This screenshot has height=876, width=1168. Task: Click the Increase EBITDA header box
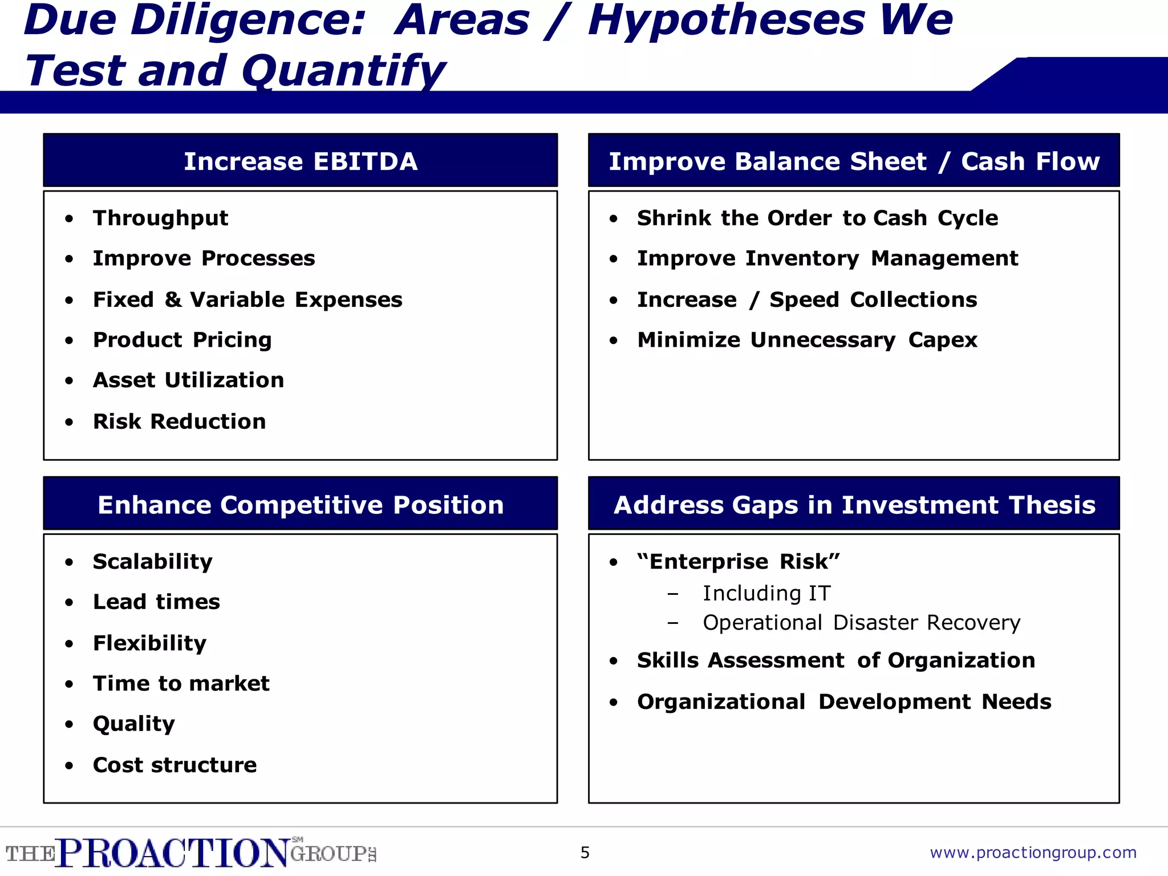(x=301, y=161)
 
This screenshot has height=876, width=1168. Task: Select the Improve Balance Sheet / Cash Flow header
(x=854, y=161)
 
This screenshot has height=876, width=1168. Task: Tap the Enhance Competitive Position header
(x=301, y=505)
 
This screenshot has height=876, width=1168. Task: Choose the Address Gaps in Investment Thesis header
(x=854, y=505)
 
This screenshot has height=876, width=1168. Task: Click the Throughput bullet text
(x=160, y=218)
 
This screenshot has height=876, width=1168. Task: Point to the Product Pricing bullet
(x=182, y=340)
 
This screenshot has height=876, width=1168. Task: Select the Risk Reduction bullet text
(x=179, y=421)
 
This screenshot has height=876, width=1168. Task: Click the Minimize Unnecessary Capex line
(x=807, y=340)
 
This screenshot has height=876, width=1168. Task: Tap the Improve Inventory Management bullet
(x=827, y=258)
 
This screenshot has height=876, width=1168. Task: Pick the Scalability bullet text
(x=152, y=562)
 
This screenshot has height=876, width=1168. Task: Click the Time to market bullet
(x=181, y=683)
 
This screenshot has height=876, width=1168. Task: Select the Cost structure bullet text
(x=175, y=765)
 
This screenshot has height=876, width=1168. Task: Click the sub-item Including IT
(x=766, y=594)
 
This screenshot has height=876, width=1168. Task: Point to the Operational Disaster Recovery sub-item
(x=861, y=623)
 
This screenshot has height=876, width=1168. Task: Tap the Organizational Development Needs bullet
(x=844, y=702)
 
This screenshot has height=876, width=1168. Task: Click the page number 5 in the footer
(x=585, y=853)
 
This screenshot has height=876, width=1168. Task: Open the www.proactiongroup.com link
(x=1033, y=853)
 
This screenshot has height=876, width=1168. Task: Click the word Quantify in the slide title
(x=342, y=71)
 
